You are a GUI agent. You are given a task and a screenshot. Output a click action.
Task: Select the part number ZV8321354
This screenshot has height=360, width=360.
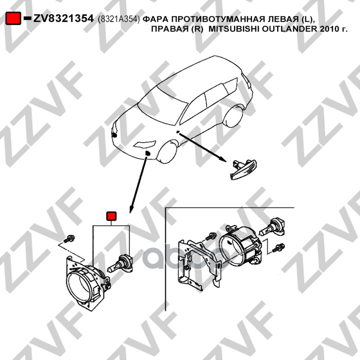(63, 18)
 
